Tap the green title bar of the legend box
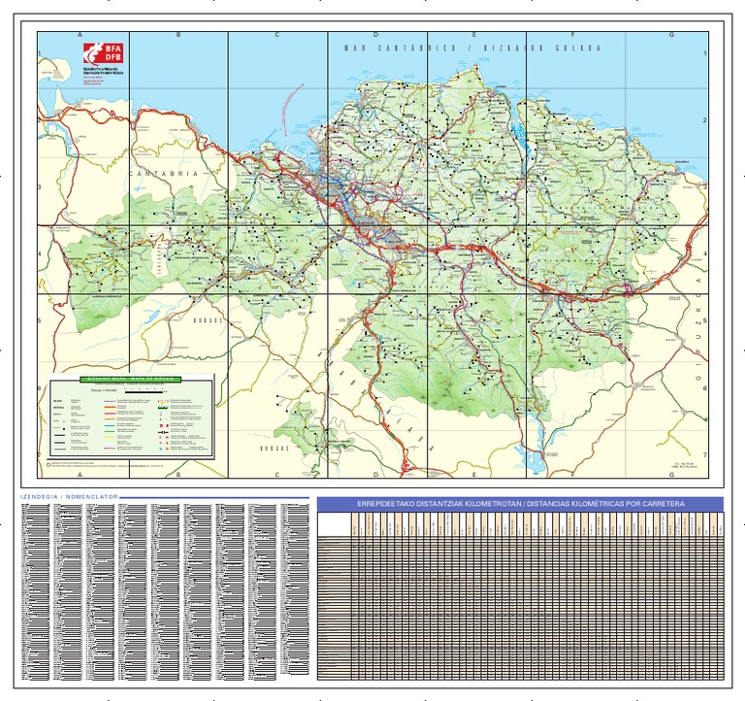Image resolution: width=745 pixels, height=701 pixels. click(x=130, y=380)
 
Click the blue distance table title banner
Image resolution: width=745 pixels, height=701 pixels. click(x=521, y=505)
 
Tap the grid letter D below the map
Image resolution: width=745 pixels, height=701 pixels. click(x=375, y=475)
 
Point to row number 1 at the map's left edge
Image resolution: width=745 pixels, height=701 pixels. click(x=40, y=55)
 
